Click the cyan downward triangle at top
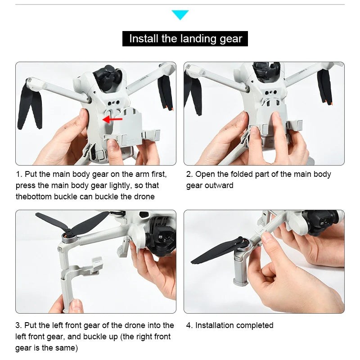(180, 15)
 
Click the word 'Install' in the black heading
(144, 39)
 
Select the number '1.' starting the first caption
(19, 174)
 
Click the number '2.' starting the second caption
(189, 174)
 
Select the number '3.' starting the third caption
(19, 325)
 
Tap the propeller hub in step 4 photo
(245, 244)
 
